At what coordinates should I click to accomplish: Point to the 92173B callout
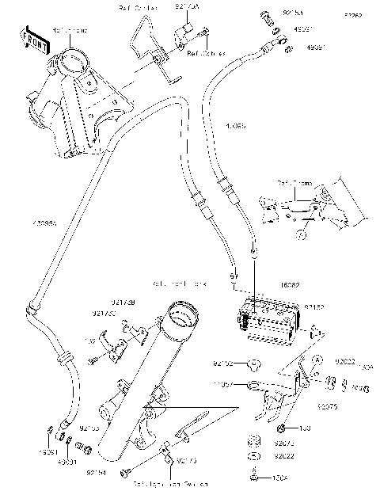pyautogui.click(x=123, y=303)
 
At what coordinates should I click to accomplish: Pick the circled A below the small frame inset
pyautogui.click(x=302, y=234)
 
